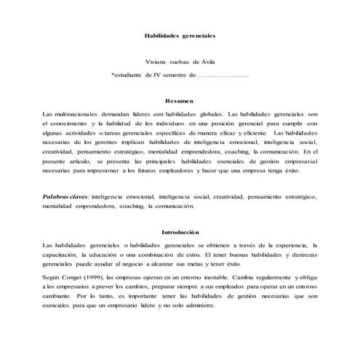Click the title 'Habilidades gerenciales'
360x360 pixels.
coord(179,35)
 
